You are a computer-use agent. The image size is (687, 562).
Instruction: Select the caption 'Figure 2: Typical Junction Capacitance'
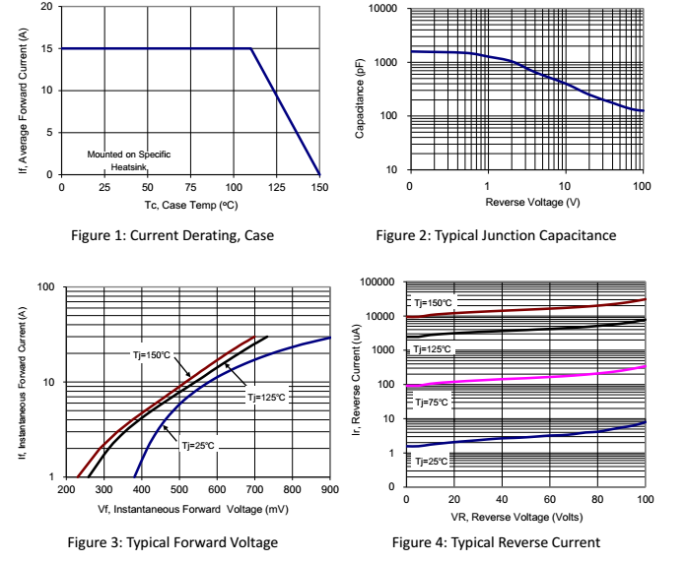496,235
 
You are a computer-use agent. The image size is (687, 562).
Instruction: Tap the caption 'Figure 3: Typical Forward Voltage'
172,542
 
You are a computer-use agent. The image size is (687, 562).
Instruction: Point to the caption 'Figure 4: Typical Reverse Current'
495,542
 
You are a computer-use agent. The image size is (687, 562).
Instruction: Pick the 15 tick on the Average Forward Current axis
48,48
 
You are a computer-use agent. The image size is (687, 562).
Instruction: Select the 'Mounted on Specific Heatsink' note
128,161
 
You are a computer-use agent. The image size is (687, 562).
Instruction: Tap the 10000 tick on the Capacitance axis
382,9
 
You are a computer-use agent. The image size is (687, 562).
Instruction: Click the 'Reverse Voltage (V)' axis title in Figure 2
526,203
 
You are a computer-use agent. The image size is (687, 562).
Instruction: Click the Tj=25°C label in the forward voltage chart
197,446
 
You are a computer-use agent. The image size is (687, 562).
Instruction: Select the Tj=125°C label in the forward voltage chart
266,398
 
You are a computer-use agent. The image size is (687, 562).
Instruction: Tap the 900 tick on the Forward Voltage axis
329,489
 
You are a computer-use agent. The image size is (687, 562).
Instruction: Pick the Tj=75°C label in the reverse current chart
431,403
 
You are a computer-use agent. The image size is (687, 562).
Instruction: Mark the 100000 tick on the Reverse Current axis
378,282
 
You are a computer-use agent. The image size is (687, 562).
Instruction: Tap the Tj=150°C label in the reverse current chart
433,303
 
